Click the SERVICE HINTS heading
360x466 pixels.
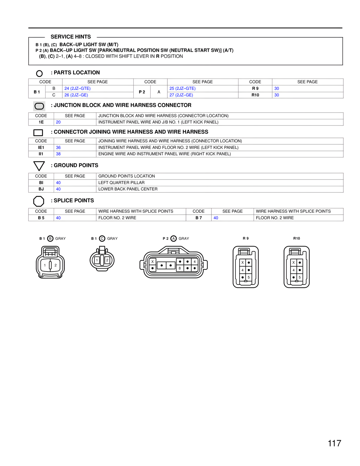pyautogui.click(x=71, y=37)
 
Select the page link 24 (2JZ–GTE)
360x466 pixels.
pyautogui.click(x=77, y=88)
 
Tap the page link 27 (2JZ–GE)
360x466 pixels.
pyautogui.click(x=181, y=95)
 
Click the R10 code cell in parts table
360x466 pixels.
pyautogui.click(x=255, y=95)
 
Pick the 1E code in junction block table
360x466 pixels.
pyautogui.click(x=41, y=122)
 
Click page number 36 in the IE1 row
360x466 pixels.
pyautogui.click(x=58, y=147)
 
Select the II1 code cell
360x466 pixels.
pyautogui.click(x=41, y=154)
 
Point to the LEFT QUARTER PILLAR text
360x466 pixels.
pyautogui.click(x=121, y=183)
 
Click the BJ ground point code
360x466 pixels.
pyautogui.click(x=41, y=189)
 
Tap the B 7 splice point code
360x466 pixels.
pyautogui.click(x=199, y=218)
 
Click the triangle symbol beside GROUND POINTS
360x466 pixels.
pyautogui.click(x=39, y=166)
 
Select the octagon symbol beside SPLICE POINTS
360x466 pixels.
pyautogui.click(x=39, y=201)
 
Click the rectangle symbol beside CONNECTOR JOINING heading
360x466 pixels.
pyautogui.click(x=38, y=133)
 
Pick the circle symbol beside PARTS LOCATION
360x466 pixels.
pyautogui.click(x=39, y=73)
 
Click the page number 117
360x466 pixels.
pyautogui.click(x=334, y=443)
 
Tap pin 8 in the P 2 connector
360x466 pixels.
pyautogui.click(x=180, y=268)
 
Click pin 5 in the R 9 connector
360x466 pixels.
pyautogui.click(x=249, y=277)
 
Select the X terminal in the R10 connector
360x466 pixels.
pyautogui.click(x=293, y=263)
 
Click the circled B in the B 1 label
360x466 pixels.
pyautogui.click(x=50, y=239)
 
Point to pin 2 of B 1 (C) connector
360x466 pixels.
pyautogui.click(x=107, y=260)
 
